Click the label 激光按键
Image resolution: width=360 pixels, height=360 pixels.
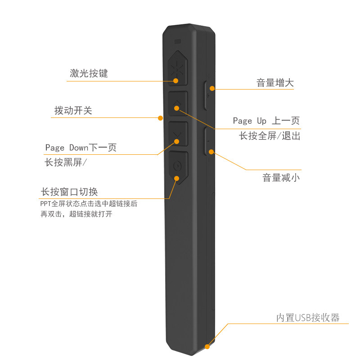[x=89, y=73]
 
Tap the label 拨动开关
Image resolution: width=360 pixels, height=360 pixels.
[x=73, y=110]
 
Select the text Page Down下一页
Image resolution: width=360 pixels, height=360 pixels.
[x=81, y=148]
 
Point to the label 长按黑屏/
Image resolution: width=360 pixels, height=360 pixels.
[x=65, y=162]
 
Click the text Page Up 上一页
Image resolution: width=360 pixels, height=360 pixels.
[x=266, y=121]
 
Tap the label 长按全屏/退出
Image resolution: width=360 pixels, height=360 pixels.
[x=269, y=135]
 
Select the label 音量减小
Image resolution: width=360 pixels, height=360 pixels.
[x=281, y=177]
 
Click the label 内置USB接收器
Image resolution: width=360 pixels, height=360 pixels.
[x=307, y=317]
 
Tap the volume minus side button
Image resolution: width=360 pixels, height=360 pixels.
[x=208, y=141]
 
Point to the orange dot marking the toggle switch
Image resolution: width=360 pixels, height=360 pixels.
[x=160, y=118]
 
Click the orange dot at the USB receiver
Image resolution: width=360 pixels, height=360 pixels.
[x=207, y=346]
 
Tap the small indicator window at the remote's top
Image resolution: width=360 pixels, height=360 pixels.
[x=177, y=42]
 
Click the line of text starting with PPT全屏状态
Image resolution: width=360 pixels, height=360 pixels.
[x=89, y=204]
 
